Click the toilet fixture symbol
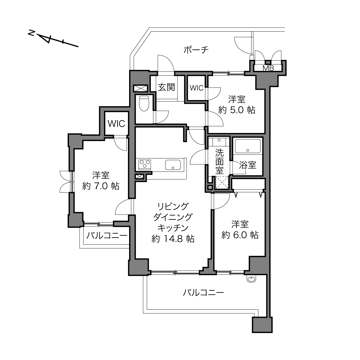pyautogui.click(x=144, y=103)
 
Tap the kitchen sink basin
pyautogui.click(x=173, y=165)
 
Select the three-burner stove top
pyautogui.click(x=145, y=165)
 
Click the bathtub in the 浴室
pyautogui.click(x=248, y=146)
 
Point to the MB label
pyautogui.click(x=268, y=68)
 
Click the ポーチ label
pyautogui.click(x=196, y=50)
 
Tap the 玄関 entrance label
pyautogui.click(x=166, y=87)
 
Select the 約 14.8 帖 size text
pyautogui.click(x=173, y=239)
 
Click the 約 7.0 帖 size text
pyautogui.click(x=101, y=186)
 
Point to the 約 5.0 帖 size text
pyautogui.click(x=237, y=110)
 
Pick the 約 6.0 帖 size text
pyautogui.click(x=240, y=235)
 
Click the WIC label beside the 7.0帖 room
pyautogui.click(x=116, y=124)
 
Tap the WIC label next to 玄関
pyautogui.click(x=196, y=88)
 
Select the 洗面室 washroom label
pyautogui.click(x=219, y=161)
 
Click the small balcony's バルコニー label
pyautogui.click(x=107, y=235)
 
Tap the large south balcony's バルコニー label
pyautogui.click(x=203, y=293)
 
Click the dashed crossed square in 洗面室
pyautogui.click(x=222, y=182)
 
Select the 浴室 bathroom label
pyautogui.click(x=248, y=165)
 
